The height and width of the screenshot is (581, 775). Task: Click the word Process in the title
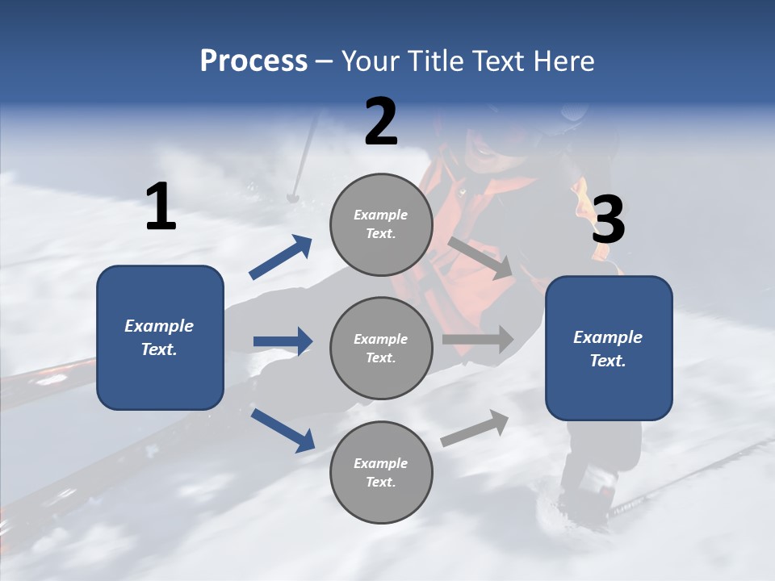pyautogui.click(x=253, y=61)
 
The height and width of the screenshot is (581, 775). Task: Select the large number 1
pyautogui.click(x=161, y=207)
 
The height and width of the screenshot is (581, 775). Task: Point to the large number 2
pyautogui.click(x=381, y=123)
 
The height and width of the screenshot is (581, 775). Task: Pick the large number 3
pyautogui.click(x=608, y=220)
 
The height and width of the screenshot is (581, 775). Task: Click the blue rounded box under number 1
pyautogui.click(x=160, y=337)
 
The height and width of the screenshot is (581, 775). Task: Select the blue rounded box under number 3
pyautogui.click(x=609, y=349)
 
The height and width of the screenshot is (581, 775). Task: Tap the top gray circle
pyautogui.click(x=381, y=224)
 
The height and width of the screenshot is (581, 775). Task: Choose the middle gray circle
pyautogui.click(x=381, y=348)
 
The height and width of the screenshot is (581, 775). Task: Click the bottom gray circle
pyautogui.click(x=381, y=472)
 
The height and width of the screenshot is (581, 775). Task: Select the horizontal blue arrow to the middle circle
pyautogui.click(x=283, y=341)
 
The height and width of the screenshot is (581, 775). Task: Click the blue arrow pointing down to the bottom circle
pyautogui.click(x=283, y=430)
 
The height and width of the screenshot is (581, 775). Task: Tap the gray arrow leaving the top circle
pyautogui.click(x=480, y=257)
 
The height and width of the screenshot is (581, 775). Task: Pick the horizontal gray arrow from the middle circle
pyautogui.click(x=478, y=340)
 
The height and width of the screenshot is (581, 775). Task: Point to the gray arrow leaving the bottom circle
pyautogui.click(x=475, y=428)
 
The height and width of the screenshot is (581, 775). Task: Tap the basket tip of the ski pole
pyautogui.click(x=293, y=196)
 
